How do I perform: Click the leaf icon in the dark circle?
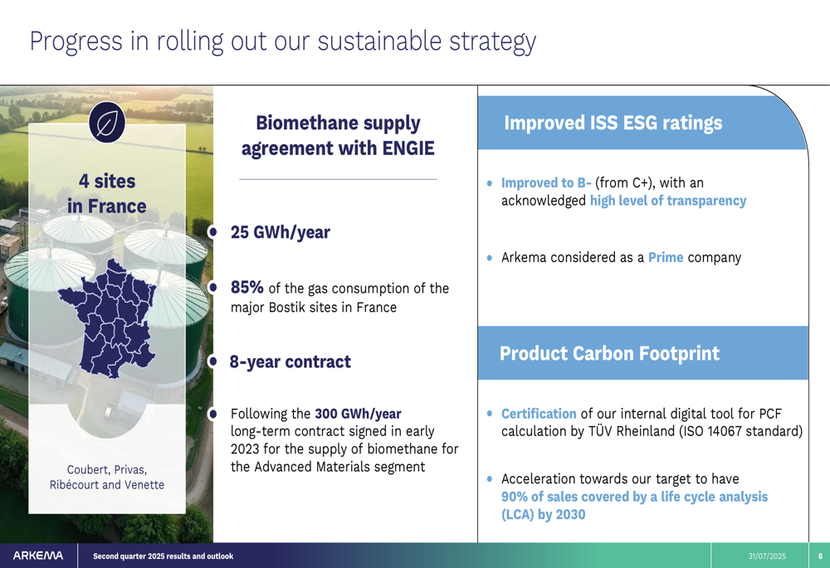107,123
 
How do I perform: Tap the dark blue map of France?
107,318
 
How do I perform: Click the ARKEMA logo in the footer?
38,556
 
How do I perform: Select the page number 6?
821,556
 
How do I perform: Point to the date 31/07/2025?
767,556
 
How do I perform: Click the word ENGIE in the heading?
408,148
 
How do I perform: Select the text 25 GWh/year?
280,232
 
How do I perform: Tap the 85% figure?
247,287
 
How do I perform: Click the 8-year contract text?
290,362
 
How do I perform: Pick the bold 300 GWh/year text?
358,414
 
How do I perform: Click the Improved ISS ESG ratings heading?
613,123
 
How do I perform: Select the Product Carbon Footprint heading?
609,353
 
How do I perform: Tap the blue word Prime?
666,258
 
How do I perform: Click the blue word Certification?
539,414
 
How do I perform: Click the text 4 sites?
107,182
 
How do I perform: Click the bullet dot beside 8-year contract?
212,362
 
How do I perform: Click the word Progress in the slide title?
76,41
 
